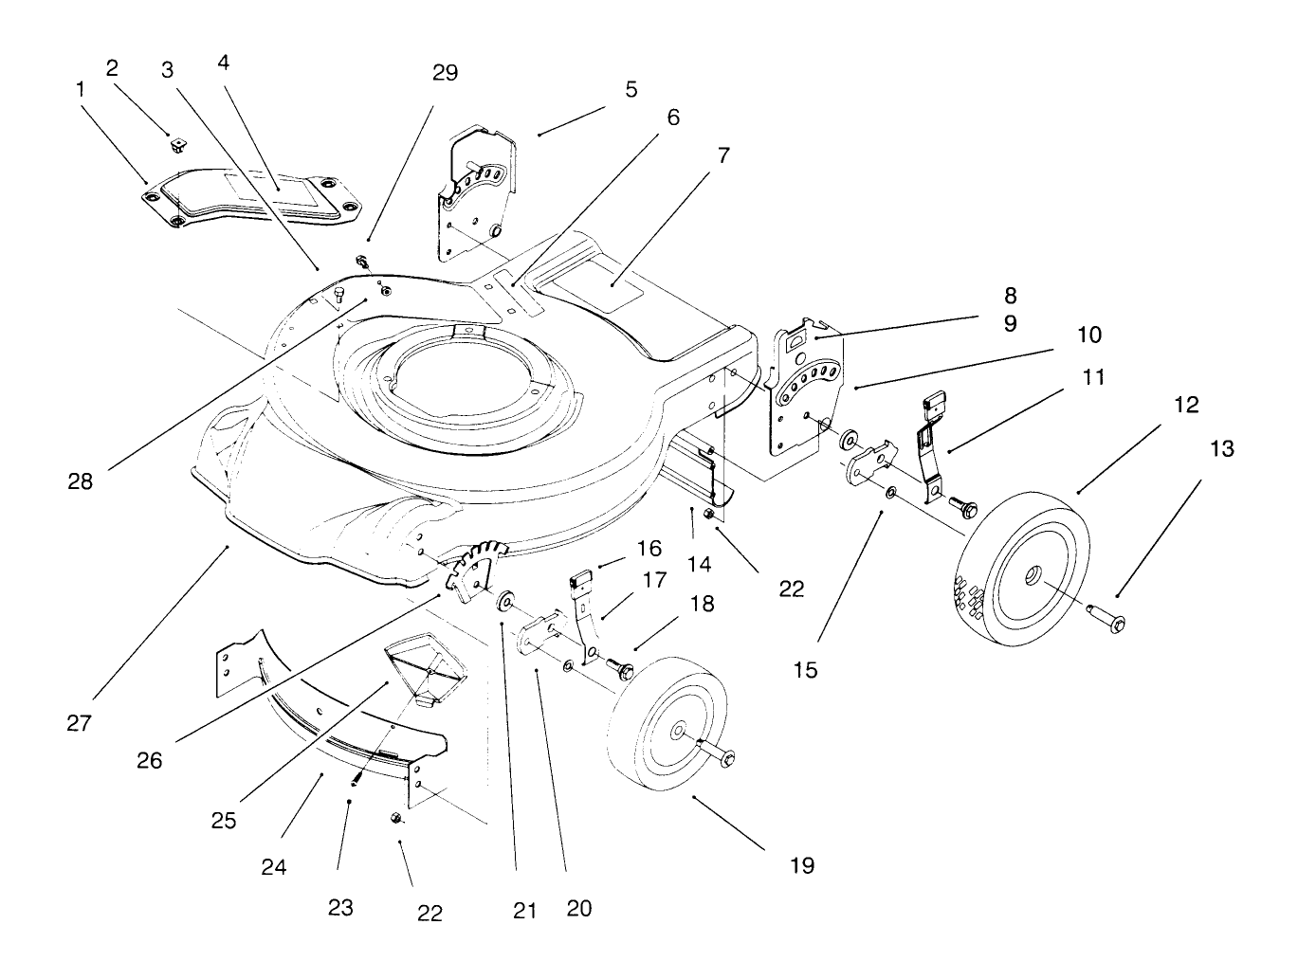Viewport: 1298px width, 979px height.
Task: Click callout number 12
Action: tap(1185, 405)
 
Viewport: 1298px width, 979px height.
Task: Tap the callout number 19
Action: tap(802, 864)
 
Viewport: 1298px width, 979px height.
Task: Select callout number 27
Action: tap(80, 723)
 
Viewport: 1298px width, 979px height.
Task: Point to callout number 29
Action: tap(445, 73)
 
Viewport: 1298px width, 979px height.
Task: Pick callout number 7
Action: tap(723, 155)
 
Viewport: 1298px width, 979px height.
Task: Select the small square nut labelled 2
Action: tap(176, 145)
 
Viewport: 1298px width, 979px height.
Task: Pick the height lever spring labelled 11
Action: tap(926, 445)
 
